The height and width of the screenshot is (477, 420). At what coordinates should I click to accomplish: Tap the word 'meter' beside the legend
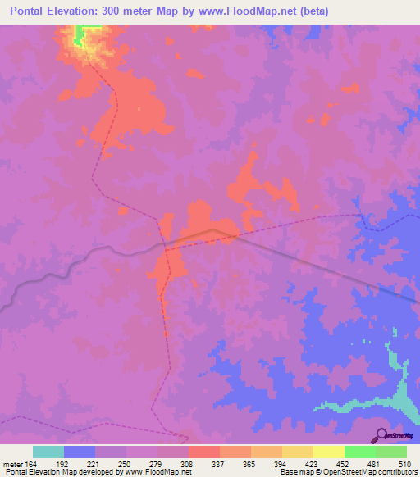tap(13, 465)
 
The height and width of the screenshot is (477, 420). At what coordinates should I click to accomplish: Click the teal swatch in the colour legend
tap(48, 452)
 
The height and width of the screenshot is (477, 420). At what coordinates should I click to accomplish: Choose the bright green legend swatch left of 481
tap(359, 452)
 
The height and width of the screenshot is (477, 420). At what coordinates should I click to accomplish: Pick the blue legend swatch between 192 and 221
tap(79, 452)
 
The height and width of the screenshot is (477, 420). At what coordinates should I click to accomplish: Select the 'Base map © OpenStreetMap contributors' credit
tap(347, 473)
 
